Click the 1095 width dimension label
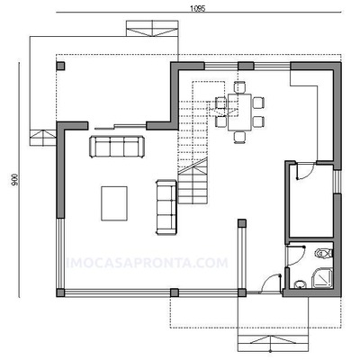[197, 9]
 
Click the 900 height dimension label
[15, 180]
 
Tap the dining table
[239, 112]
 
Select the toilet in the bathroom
[323, 254]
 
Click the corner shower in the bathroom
[322, 278]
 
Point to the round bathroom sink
[299, 284]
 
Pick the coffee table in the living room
[114, 203]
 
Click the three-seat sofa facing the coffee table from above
[117, 147]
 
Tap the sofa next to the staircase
[166, 207]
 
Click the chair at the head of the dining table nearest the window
[240, 87]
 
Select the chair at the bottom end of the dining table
[240, 137]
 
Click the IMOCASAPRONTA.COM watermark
[147, 263]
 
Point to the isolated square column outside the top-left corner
[60, 66]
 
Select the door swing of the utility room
[305, 171]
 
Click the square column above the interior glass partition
[242, 223]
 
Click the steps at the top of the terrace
[152, 29]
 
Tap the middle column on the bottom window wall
[175, 292]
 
